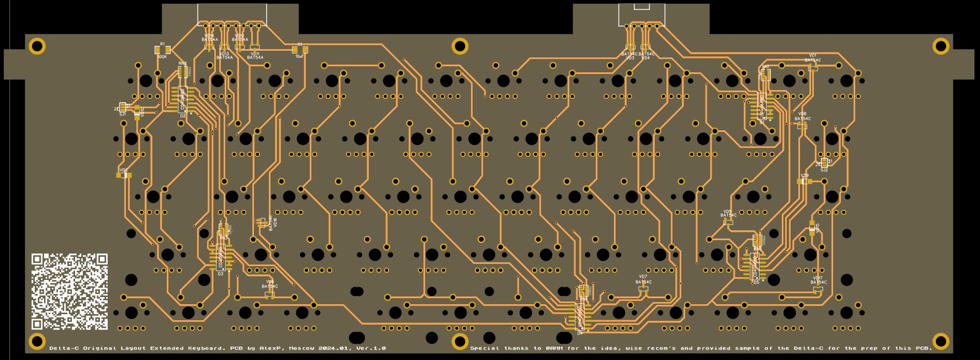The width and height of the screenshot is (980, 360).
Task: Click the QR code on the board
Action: click(70, 292)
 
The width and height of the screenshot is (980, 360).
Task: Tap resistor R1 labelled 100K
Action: click(162, 50)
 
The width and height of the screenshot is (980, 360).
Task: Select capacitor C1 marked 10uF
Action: click(300, 50)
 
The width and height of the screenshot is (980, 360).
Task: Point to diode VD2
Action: click(124, 175)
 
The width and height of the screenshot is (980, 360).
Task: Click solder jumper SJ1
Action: click(123, 108)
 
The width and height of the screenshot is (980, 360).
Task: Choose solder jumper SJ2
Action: click(824, 163)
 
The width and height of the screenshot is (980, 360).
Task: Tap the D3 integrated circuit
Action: click(220, 257)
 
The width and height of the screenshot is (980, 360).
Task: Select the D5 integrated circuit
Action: click(755, 266)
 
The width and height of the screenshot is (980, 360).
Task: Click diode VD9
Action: click(805, 181)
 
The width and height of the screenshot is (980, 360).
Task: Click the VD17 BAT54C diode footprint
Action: click(818, 289)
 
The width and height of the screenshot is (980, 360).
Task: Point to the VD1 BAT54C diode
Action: click(813, 67)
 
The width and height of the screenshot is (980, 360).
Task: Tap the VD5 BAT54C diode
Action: click(728, 221)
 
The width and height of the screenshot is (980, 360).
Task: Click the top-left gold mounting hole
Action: click(37, 46)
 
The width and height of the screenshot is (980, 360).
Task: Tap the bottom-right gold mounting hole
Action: click(941, 341)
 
